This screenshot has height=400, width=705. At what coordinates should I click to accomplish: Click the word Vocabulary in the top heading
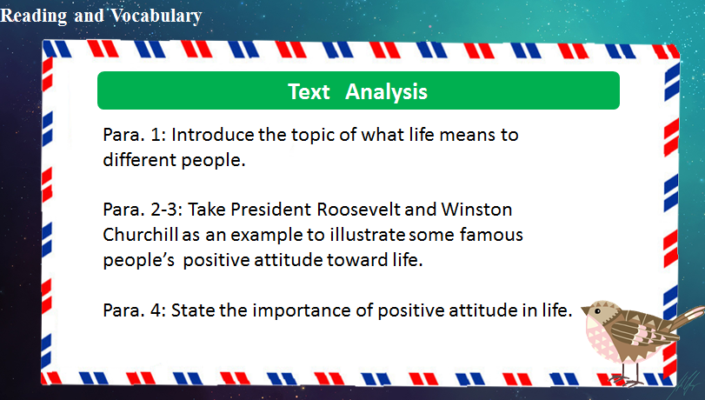pyautogui.click(x=156, y=17)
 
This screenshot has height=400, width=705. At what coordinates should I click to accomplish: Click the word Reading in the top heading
pyautogui.click(x=34, y=17)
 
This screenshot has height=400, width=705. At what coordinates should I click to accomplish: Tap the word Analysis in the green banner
pyautogui.click(x=386, y=92)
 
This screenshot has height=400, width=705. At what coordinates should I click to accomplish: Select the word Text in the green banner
pyautogui.click(x=309, y=92)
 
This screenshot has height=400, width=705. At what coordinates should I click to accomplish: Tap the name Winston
pyautogui.click(x=476, y=210)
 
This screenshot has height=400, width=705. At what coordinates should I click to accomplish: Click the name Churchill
pyautogui.click(x=141, y=235)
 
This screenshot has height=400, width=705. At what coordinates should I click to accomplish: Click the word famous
pyautogui.click(x=491, y=235)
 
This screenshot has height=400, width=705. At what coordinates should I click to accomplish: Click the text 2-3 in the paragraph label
pyautogui.click(x=166, y=210)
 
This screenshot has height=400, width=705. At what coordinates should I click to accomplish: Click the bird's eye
pyautogui.click(x=597, y=311)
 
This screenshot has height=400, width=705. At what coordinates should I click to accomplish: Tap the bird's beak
pyautogui.click(x=585, y=310)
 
